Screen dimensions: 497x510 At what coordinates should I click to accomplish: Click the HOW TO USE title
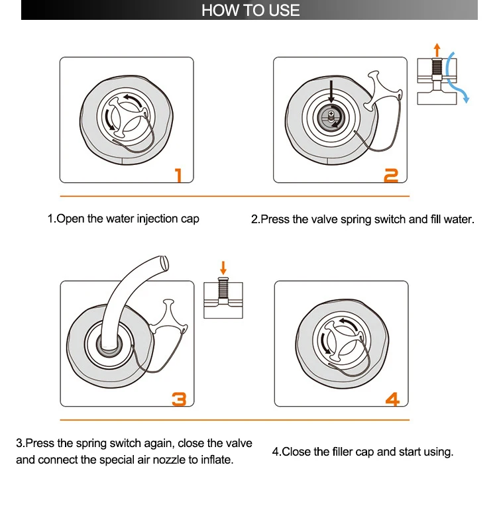[x=250, y=10]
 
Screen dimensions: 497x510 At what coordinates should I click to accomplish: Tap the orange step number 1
[x=178, y=175]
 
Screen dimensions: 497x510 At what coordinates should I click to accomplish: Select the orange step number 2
[x=391, y=176]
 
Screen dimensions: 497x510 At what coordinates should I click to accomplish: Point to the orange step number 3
[x=179, y=399]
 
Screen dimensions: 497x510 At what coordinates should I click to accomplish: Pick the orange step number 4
[x=392, y=399]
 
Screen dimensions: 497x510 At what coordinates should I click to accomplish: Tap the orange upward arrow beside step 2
[x=437, y=50]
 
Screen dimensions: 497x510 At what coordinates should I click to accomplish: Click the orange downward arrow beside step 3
[x=223, y=268]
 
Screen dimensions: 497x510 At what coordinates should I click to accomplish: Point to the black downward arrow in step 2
[x=331, y=91]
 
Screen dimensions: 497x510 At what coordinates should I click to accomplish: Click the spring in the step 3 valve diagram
[x=223, y=288]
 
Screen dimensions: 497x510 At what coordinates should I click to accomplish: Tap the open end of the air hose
[x=165, y=262]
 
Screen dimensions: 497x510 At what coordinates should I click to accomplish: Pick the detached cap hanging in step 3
[x=169, y=317]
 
